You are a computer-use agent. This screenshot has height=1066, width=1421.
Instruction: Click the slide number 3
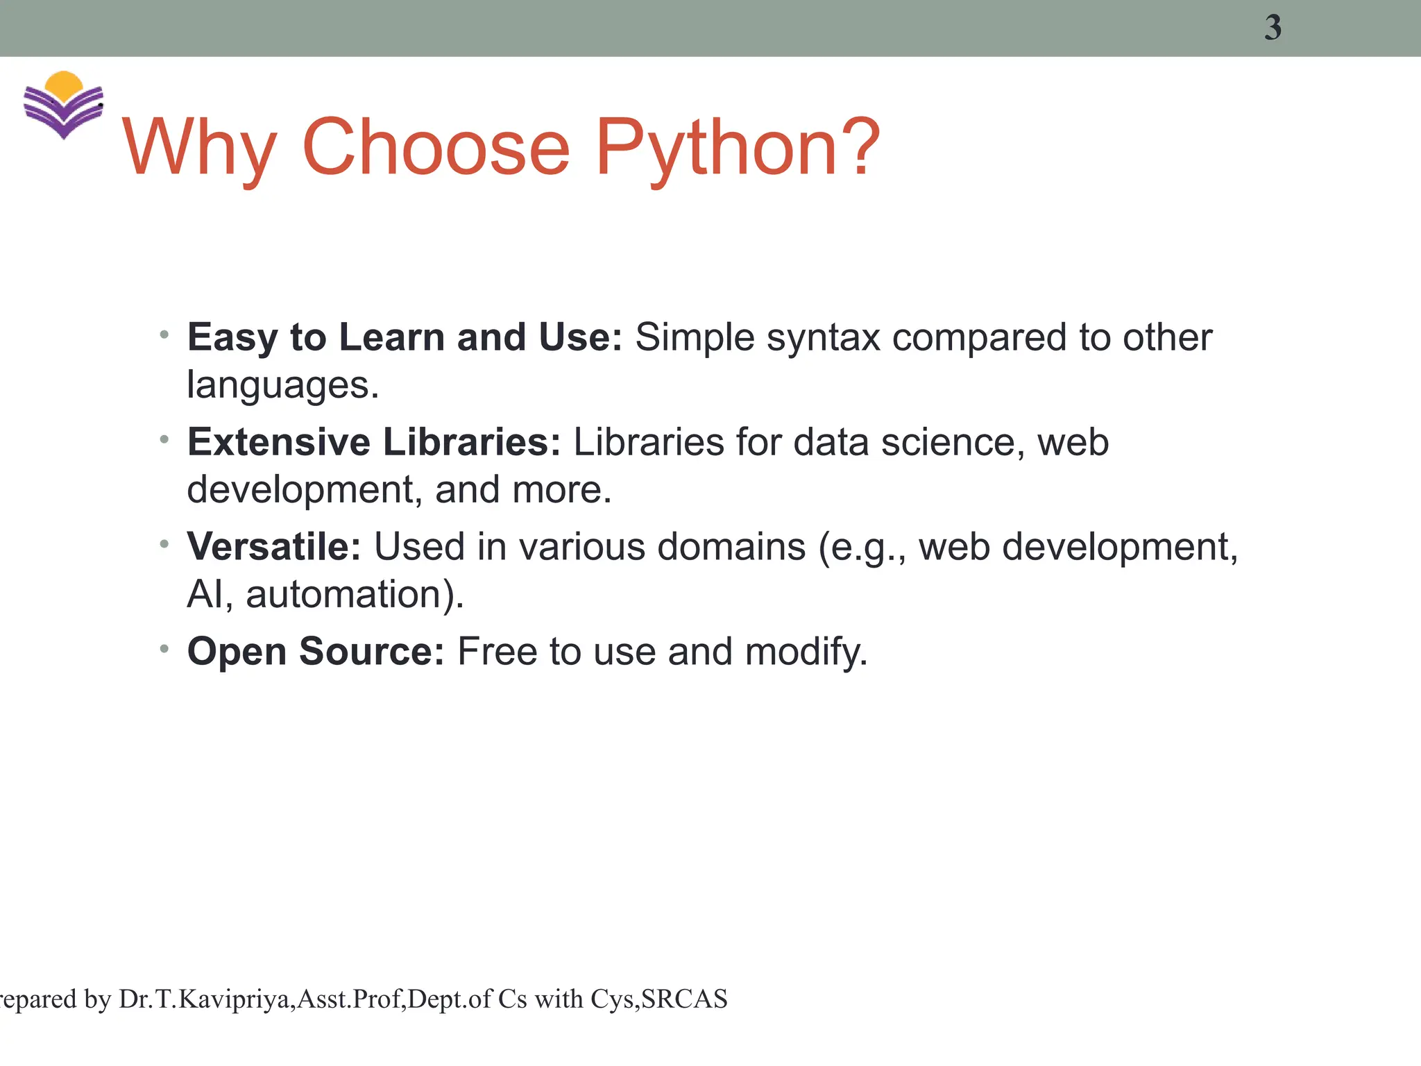click(1273, 28)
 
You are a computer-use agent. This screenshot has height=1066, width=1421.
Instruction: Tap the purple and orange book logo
click(63, 105)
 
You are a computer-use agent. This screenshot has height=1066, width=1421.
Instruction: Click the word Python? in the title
click(738, 148)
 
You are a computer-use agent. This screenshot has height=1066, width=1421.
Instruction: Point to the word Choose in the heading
click(436, 146)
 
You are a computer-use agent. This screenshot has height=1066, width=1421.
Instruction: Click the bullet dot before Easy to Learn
click(164, 335)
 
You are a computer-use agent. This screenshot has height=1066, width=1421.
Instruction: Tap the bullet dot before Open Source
click(164, 649)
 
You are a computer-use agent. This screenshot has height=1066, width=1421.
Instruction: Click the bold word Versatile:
click(274, 546)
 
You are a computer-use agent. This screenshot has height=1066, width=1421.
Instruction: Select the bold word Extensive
click(279, 442)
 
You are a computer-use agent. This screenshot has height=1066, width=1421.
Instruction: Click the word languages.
click(282, 385)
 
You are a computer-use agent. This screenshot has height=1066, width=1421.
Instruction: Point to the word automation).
click(355, 595)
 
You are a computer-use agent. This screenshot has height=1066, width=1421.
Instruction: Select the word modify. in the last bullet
click(806, 652)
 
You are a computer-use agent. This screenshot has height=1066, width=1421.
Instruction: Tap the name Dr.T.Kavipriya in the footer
click(206, 999)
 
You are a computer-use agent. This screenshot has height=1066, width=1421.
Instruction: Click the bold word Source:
click(371, 652)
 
